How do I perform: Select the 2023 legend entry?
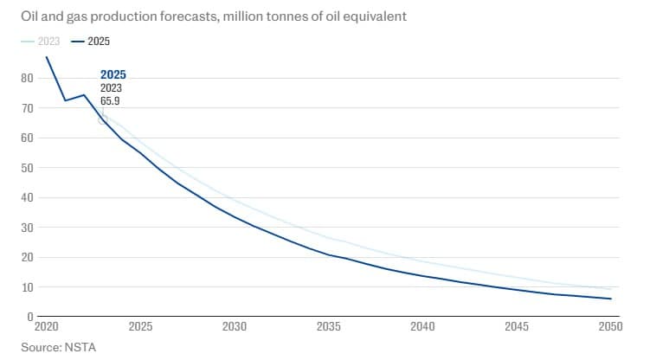click(x=43, y=41)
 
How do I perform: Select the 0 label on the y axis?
click(x=29, y=317)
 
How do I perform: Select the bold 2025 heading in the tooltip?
click(x=113, y=74)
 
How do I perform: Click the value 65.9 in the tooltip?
click(x=111, y=101)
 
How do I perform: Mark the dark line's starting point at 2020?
click(x=46, y=57)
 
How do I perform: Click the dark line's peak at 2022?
click(x=84, y=94)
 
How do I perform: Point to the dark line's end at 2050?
click(x=611, y=299)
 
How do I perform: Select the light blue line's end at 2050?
click(x=611, y=289)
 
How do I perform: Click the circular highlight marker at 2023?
click(x=103, y=119)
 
